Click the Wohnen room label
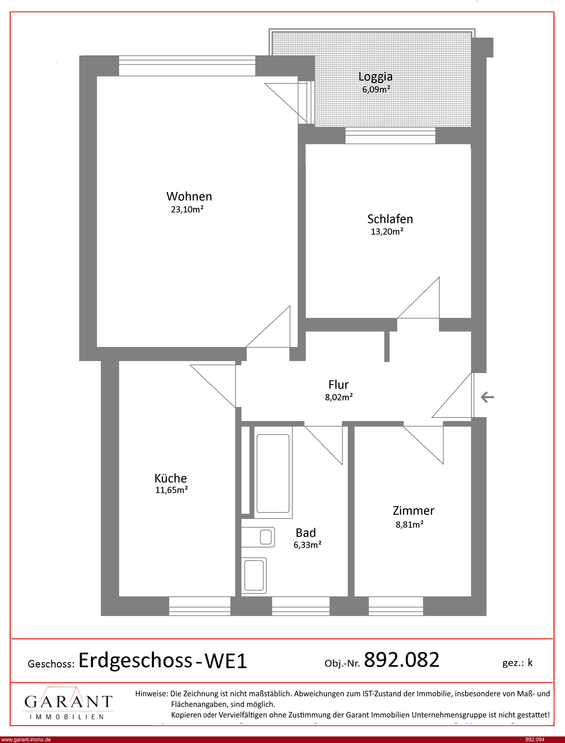point(189,196)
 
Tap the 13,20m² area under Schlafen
point(387,231)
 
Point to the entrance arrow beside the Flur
point(487,397)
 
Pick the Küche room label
point(171,478)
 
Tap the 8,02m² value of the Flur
point(339,397)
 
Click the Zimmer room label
point(413,511)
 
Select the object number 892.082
point(402,660)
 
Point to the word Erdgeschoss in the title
point(135,661)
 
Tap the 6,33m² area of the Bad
point(307,545)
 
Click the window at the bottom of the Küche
point(199,606)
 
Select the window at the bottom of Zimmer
point(396,606)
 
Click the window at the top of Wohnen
point(187,66)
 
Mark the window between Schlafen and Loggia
point(390,136)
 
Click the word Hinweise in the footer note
point(151,693)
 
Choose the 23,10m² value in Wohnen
point(187,209)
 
